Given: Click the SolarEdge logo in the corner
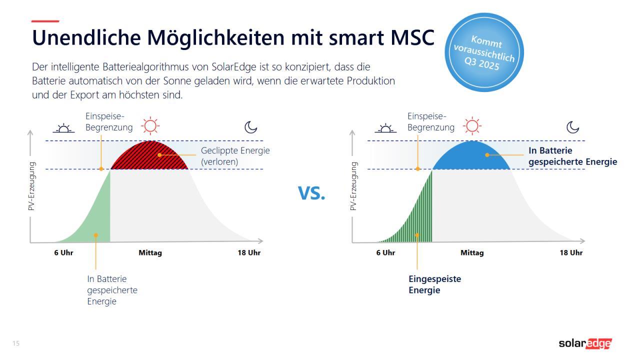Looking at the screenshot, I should [x=584, y=343].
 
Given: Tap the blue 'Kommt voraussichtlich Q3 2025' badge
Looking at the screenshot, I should [x=483, y=52].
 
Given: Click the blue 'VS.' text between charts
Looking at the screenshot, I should [x=311, y=193].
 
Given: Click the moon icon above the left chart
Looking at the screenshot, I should [x=250, y=127].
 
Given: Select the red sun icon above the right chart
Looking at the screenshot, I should [x=471, y=126].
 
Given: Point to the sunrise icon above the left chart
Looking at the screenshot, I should [x=63, y=128].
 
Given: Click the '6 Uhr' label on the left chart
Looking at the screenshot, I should [x=63, y=252].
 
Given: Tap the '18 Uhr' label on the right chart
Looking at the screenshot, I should [x=571, y=252].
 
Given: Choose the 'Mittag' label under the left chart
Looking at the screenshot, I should [x=150, y=252].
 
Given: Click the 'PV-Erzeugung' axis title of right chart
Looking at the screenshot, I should [x=353, y=185].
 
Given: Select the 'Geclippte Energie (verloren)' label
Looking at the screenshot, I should [x=235, y=156].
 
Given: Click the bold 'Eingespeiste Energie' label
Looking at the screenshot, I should [x=434, y=284].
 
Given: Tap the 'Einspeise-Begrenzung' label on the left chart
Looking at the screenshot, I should [x=109, y=122].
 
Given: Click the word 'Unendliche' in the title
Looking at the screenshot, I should [x=86, y=38].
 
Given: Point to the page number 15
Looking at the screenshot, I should [x=16, y=343].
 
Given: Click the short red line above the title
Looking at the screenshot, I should [x=45, y=21].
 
